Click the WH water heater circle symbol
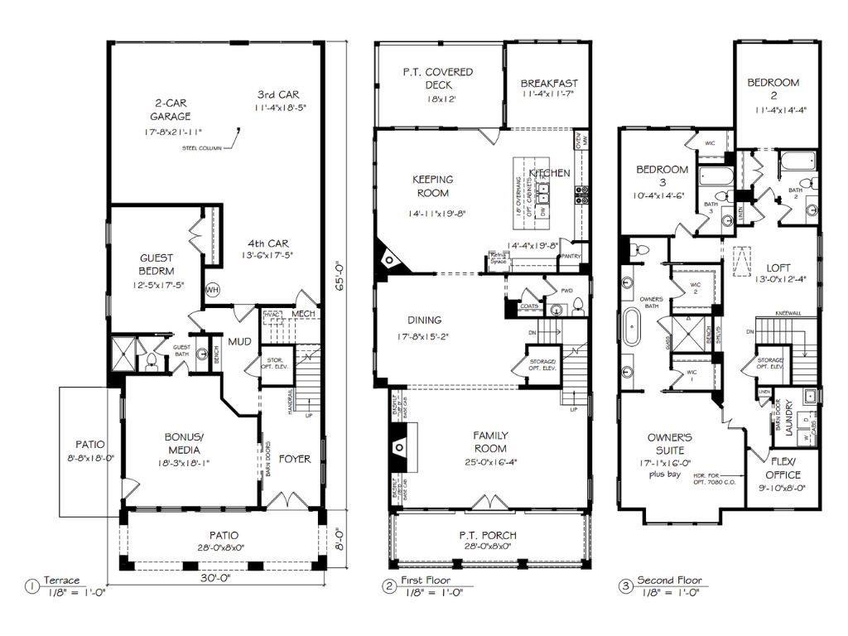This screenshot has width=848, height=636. [x=212, y=290]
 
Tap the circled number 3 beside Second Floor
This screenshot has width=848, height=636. [x=626, y=586]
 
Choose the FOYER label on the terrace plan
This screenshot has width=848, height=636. [x=294, y=459]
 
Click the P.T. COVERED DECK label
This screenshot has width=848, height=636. [x=437, y=79]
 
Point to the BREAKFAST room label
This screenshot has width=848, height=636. [x=549, y=84]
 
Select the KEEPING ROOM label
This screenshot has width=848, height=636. [x=431, y=186]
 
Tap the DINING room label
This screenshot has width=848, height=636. [x=424, y=320]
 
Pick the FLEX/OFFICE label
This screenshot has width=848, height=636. [x=783, y=469]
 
